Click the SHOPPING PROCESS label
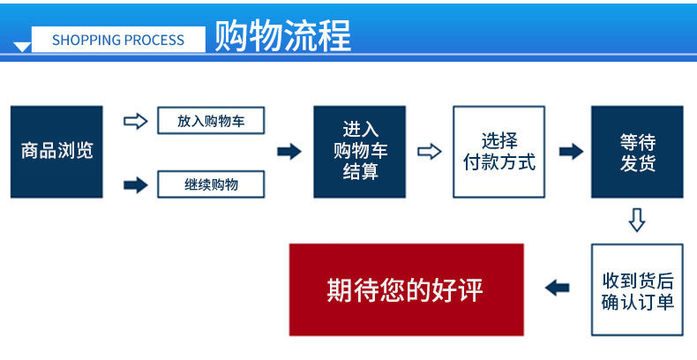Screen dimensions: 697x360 pyautogui.click(x=118, y=40)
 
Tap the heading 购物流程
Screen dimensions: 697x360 pyautogui.click(x=283, y=36)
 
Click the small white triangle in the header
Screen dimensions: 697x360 pyautogui.click(x=22, y=47)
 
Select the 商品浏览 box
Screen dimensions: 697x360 pyautogui.click(x=56, y=152)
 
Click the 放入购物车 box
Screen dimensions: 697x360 pyautogui.click(x=211, y=121)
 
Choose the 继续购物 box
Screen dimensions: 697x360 pyautogui.click(x=211, y=184)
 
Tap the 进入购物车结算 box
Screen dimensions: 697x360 pyautogui.click(x=360, y=152)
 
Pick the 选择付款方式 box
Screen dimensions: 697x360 pyautogui.click(x=498, y=152)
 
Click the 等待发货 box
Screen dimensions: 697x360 pyautogui.click(x=637, y=152)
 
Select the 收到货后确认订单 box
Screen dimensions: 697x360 pyautogui.click(x=637, y=289)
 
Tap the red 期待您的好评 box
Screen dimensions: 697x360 pyautogui.click(x=406, y=289)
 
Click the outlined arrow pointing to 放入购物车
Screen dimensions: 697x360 pyautogui.click(x=136, y=121)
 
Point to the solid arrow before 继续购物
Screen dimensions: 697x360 pyautogui.click(x=136, y=185)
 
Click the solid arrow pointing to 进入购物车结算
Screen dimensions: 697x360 pyautogui.click(x=289, y=152)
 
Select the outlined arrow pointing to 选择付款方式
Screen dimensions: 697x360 pyautogui.click(x=430, y=152)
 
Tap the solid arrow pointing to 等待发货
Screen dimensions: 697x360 pyautogui.click(x=571, y=152)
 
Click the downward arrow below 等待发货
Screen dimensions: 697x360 pyautogui.click(x=637, y=221)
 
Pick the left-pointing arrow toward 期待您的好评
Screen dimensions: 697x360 pyautogui.click(x=557, y=288)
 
